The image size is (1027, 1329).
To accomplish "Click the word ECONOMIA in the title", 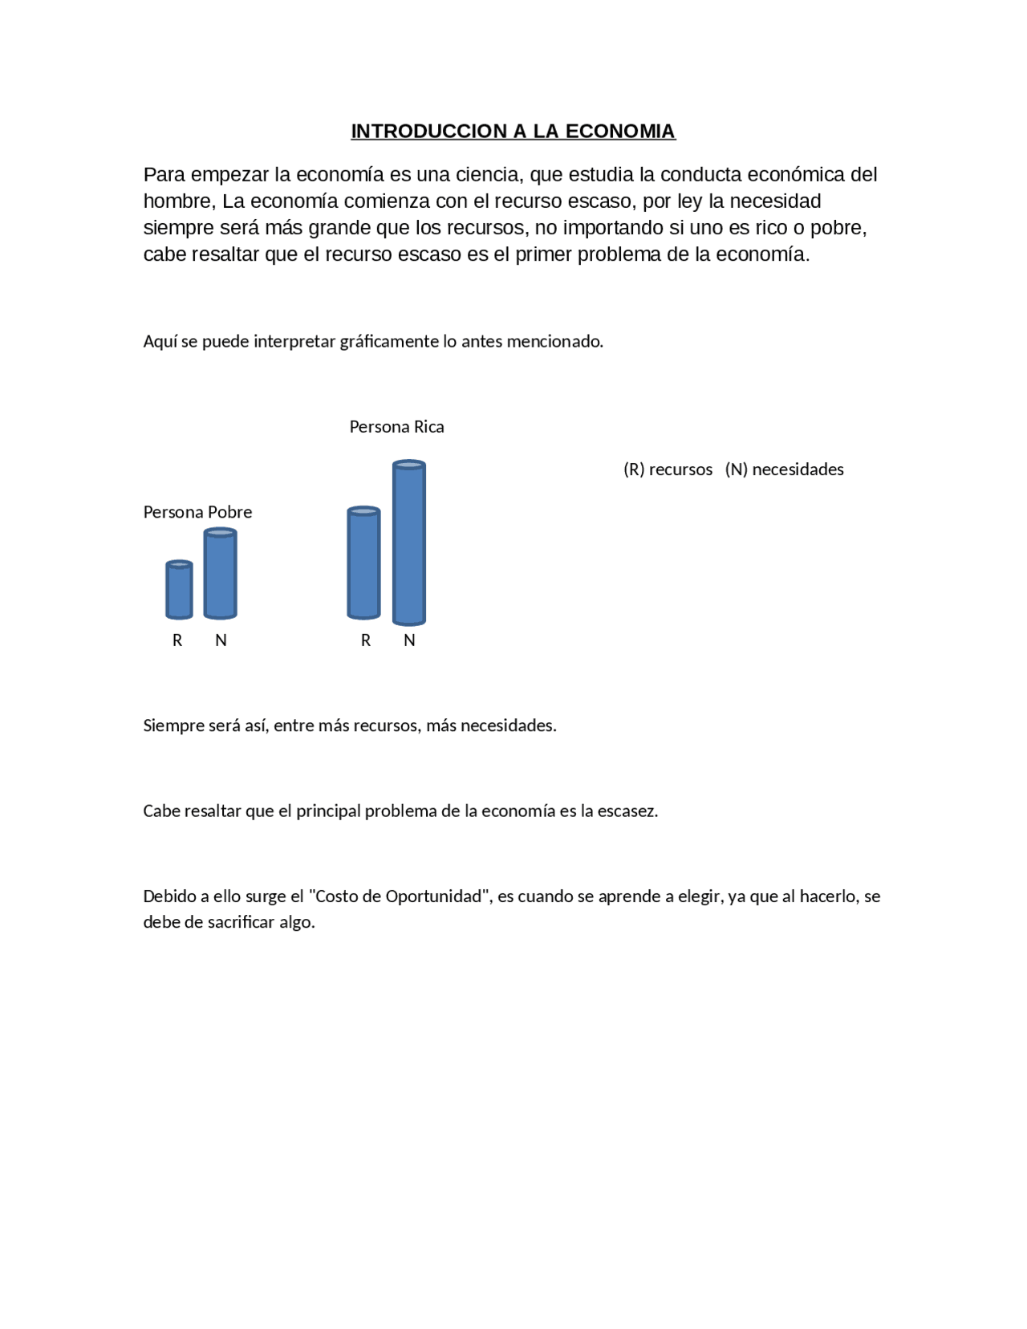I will click(x=620, y=132).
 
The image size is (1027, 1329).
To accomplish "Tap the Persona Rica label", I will click(x=396, y=427).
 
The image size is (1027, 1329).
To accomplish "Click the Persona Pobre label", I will click(x=197, y=512).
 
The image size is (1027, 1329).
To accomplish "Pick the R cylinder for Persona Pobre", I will click(x=179, y=591).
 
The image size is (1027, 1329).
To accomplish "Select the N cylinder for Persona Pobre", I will click(x=220, y=574).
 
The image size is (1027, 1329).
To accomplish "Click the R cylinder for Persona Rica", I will click(x=363, y=563).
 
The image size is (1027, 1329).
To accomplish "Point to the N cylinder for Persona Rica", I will click(x=409, y=543).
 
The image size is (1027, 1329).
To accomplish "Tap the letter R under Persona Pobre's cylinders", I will click(x=177, y=640).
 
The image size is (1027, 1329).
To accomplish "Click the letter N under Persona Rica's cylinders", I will click(x=409, y=640).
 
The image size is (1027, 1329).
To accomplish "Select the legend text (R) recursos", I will click(x=668, y=469).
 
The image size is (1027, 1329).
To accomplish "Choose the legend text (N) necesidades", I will click(x=784, y=469).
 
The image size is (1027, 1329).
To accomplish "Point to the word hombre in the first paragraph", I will click(x=177, y=201).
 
